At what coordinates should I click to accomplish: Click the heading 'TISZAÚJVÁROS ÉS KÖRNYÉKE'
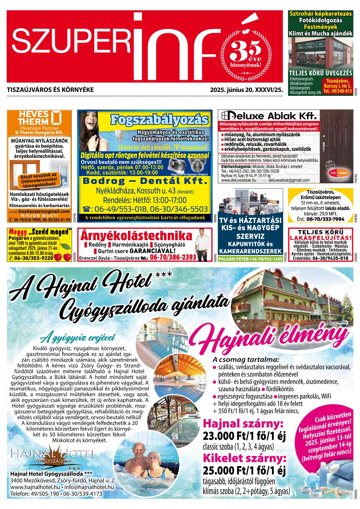pyautogui.click(x=50, y=90)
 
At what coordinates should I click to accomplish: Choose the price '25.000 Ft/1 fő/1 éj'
pyautogui.click(x=244, y=471)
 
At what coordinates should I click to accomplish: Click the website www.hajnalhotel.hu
pyautogui.click(x=34, y=487)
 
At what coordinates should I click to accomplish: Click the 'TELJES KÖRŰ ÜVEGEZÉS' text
pyautogui.click(x=321, y=73)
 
